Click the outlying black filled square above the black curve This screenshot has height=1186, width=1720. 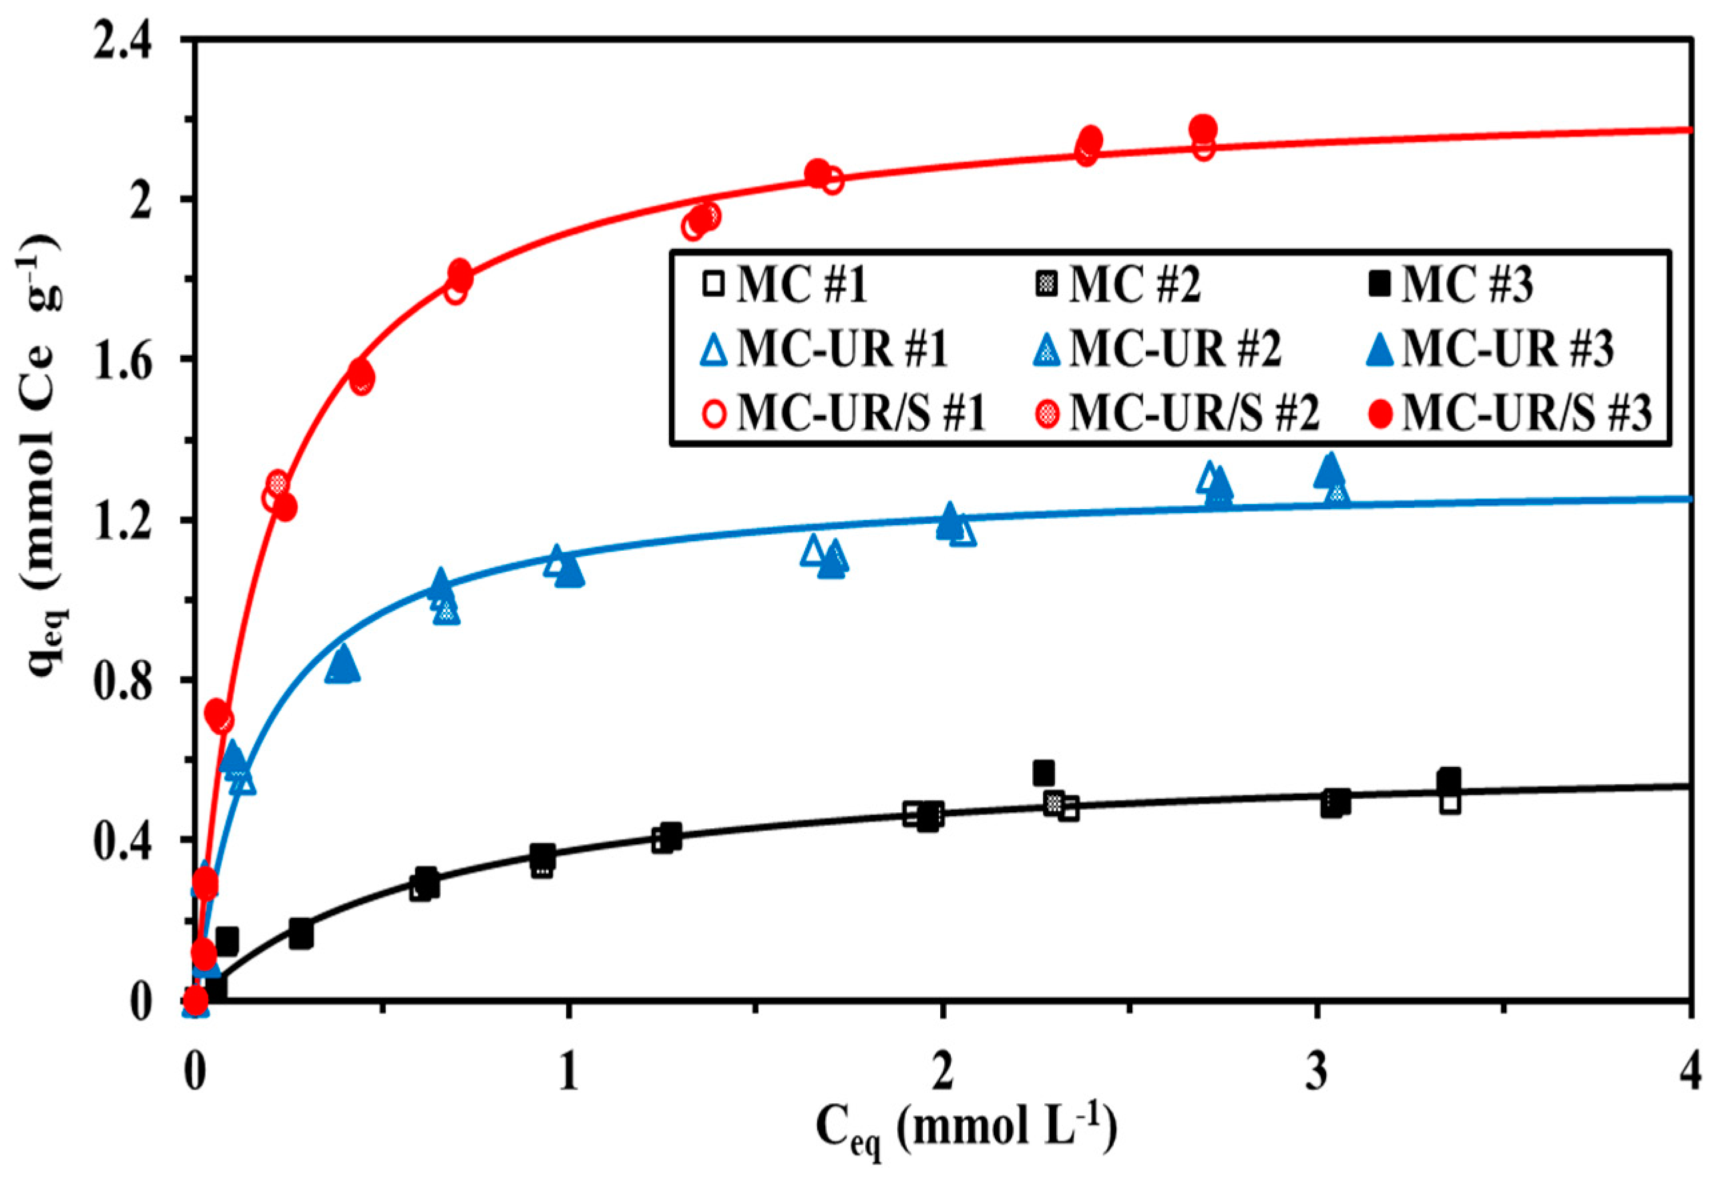click(x=1044, y=773)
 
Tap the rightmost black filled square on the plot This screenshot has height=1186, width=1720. click(x=1449, y=780)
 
